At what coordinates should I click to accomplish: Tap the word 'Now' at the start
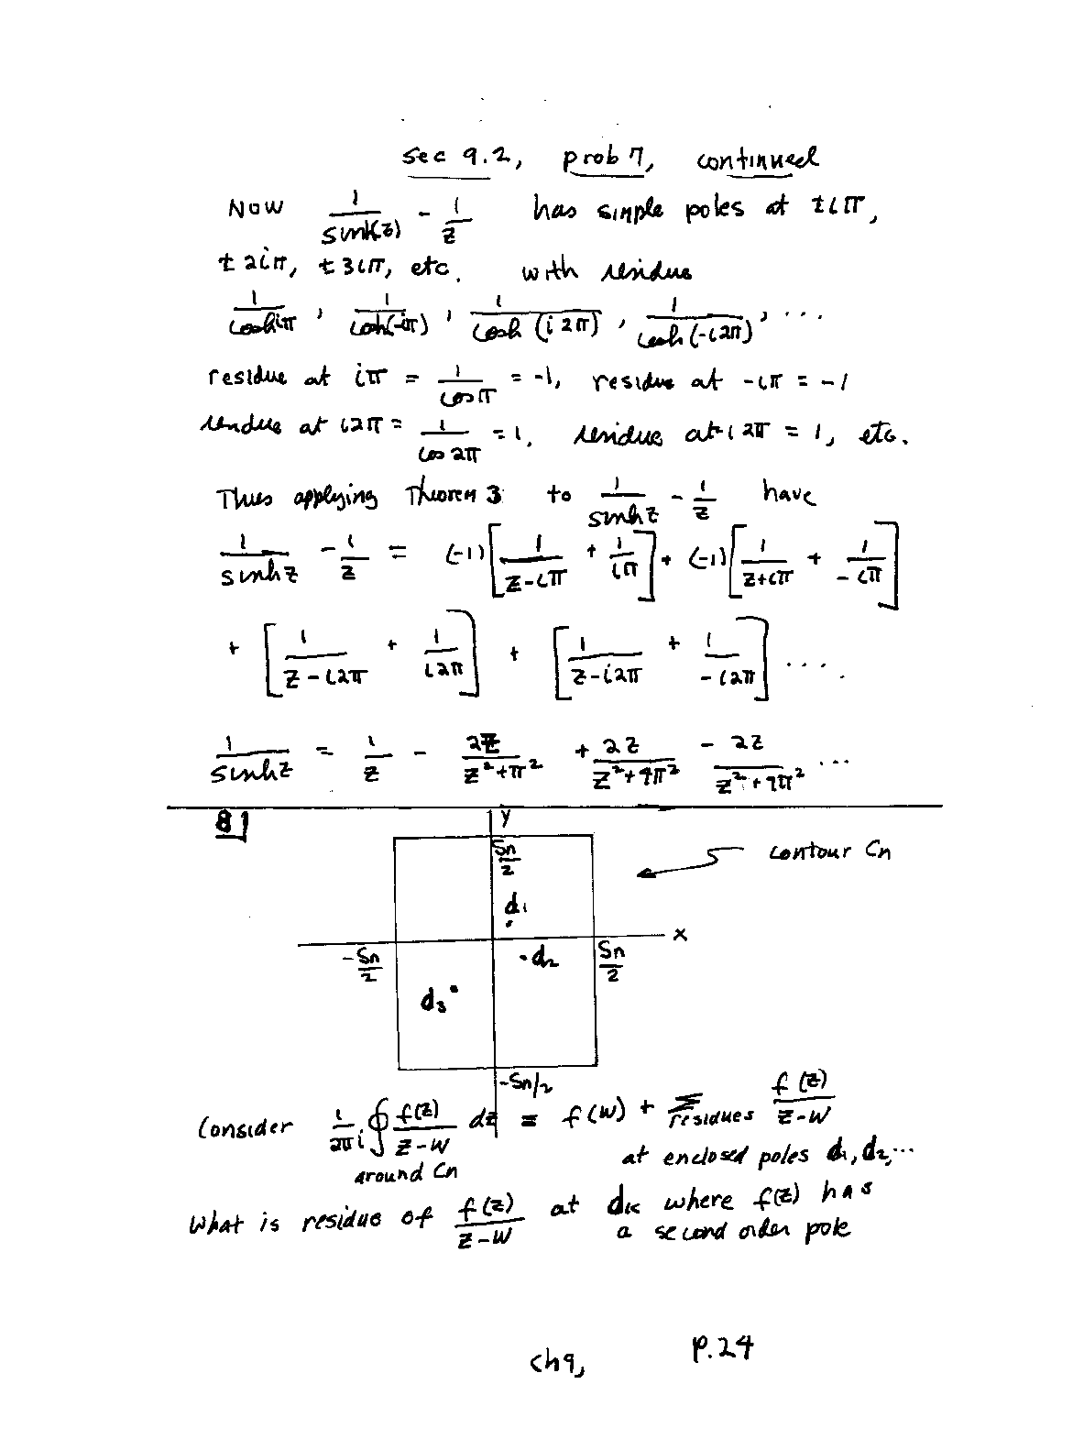pos(256,209)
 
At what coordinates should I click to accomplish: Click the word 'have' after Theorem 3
pos(787,494)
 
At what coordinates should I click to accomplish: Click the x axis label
pos(680,934)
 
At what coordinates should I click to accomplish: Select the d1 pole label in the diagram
pos(515,906)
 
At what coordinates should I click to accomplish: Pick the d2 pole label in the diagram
pos(541,960)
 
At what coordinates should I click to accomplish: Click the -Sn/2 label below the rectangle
pos(519,1084)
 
